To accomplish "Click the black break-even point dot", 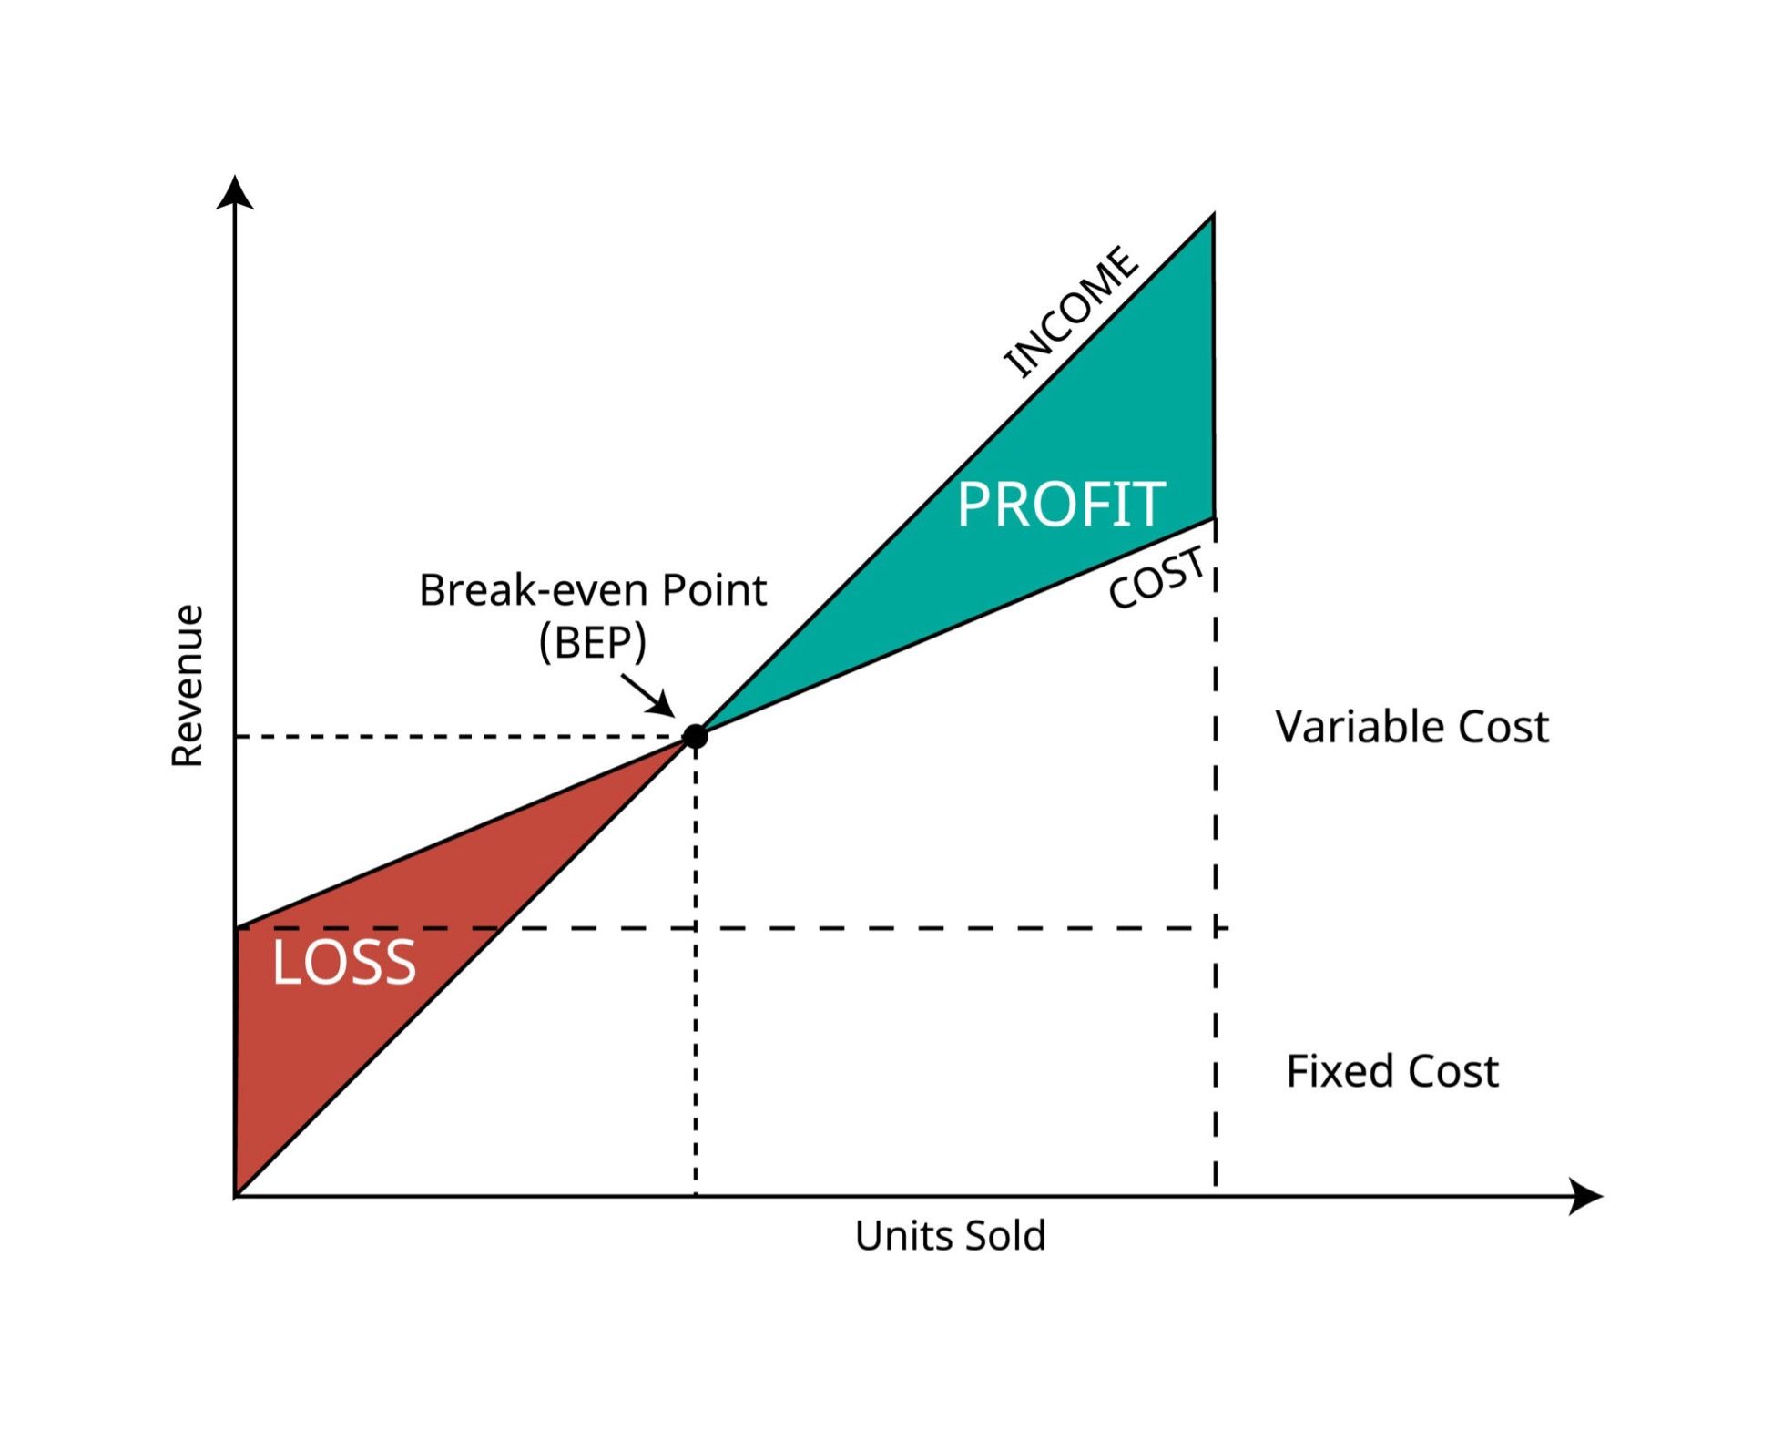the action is pyautogui.click(x=695, y=736).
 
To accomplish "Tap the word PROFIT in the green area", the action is pyautogui.click(x=1061, y=504).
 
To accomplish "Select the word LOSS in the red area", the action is pyautogui.click(x=344, y=962).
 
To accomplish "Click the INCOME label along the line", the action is pyautogui.click(x=1071, y=312).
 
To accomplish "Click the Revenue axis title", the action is pyautogui.click(x=188, y=686).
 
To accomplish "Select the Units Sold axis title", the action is pyautogui.click(x=950, y=1236).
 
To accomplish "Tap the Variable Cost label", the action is pyautogui.click(x=1411, y=727).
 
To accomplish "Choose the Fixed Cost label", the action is pyautogui.click(x=1391, y=1071).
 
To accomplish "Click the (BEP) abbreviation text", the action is pyautogui.click(x=593, y=642).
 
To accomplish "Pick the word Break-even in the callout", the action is pyautogui.click(x=535, y=589).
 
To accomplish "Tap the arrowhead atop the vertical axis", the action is pyautogui.click(x=235, y=191).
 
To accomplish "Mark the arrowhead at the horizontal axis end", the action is pyautogui.click(x=1585, y=1196).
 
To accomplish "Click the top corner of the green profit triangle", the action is pyautogui.click(x=1213, y=215).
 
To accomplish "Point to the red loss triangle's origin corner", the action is pyautogui.click(x=236, y=1195).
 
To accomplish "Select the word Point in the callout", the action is pyautogui.click(x=714, y=589).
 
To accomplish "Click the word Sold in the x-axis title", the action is pyautogui.click(x=1004, y=1236).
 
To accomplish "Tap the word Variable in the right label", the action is pyautogui.click(x=1360, y=727).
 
